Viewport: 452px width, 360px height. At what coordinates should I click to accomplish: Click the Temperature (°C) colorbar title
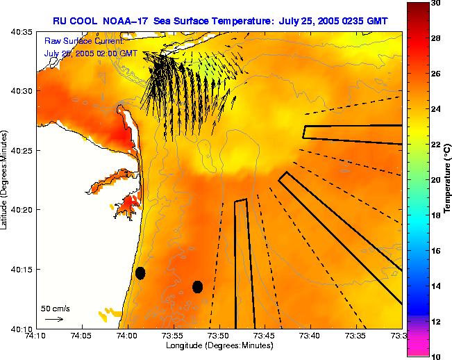click(x=449, y=179)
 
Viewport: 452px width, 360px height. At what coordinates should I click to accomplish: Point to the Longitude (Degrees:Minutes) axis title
click(x=219, y=345)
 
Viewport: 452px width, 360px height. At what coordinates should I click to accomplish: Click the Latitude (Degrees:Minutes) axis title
click(x=5, y=179)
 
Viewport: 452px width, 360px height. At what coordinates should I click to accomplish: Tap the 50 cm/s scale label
click(x=55, y=308)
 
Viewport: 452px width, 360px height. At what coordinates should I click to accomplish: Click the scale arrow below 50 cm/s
click(x=53, y=319)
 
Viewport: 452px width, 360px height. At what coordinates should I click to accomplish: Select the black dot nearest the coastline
click(x=140, y=273)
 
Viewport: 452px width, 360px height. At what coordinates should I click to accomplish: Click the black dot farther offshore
click(x=197, y=286)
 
